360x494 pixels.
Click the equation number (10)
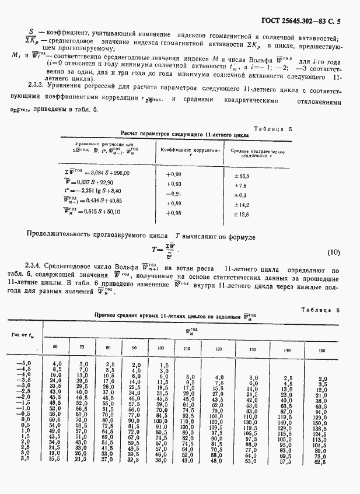tap(333, 253)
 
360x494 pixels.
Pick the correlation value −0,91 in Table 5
tap(175, 194)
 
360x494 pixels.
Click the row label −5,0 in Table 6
tap(21, 363)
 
